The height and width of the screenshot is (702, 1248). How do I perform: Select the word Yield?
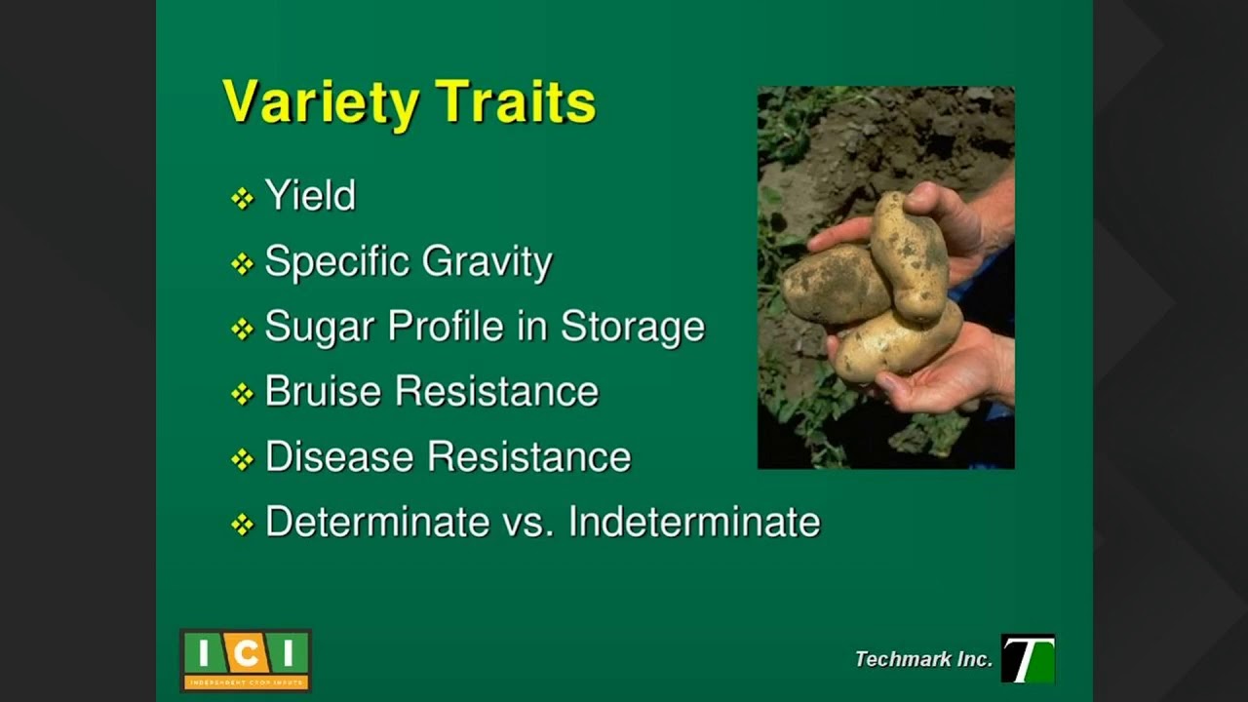[x=310, y=196]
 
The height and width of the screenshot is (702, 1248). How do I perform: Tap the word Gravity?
[x=487, y=262]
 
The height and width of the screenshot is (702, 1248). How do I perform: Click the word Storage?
[x=632, y=328]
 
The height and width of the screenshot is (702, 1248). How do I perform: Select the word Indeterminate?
[x=694, y=522]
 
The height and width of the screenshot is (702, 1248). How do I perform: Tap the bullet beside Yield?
[x=242, y=198]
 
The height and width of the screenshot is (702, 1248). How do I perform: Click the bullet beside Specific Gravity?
[x=242, y=263]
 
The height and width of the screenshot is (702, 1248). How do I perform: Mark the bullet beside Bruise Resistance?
[x=242, y=393]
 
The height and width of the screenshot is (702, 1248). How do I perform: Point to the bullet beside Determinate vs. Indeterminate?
[x=242, y=524]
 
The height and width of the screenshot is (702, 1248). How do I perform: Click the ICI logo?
[x=246, y=660]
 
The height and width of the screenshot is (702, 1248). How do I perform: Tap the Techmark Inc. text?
[x=922, y=659]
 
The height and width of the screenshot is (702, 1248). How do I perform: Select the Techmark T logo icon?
[x=1028, y=658]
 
